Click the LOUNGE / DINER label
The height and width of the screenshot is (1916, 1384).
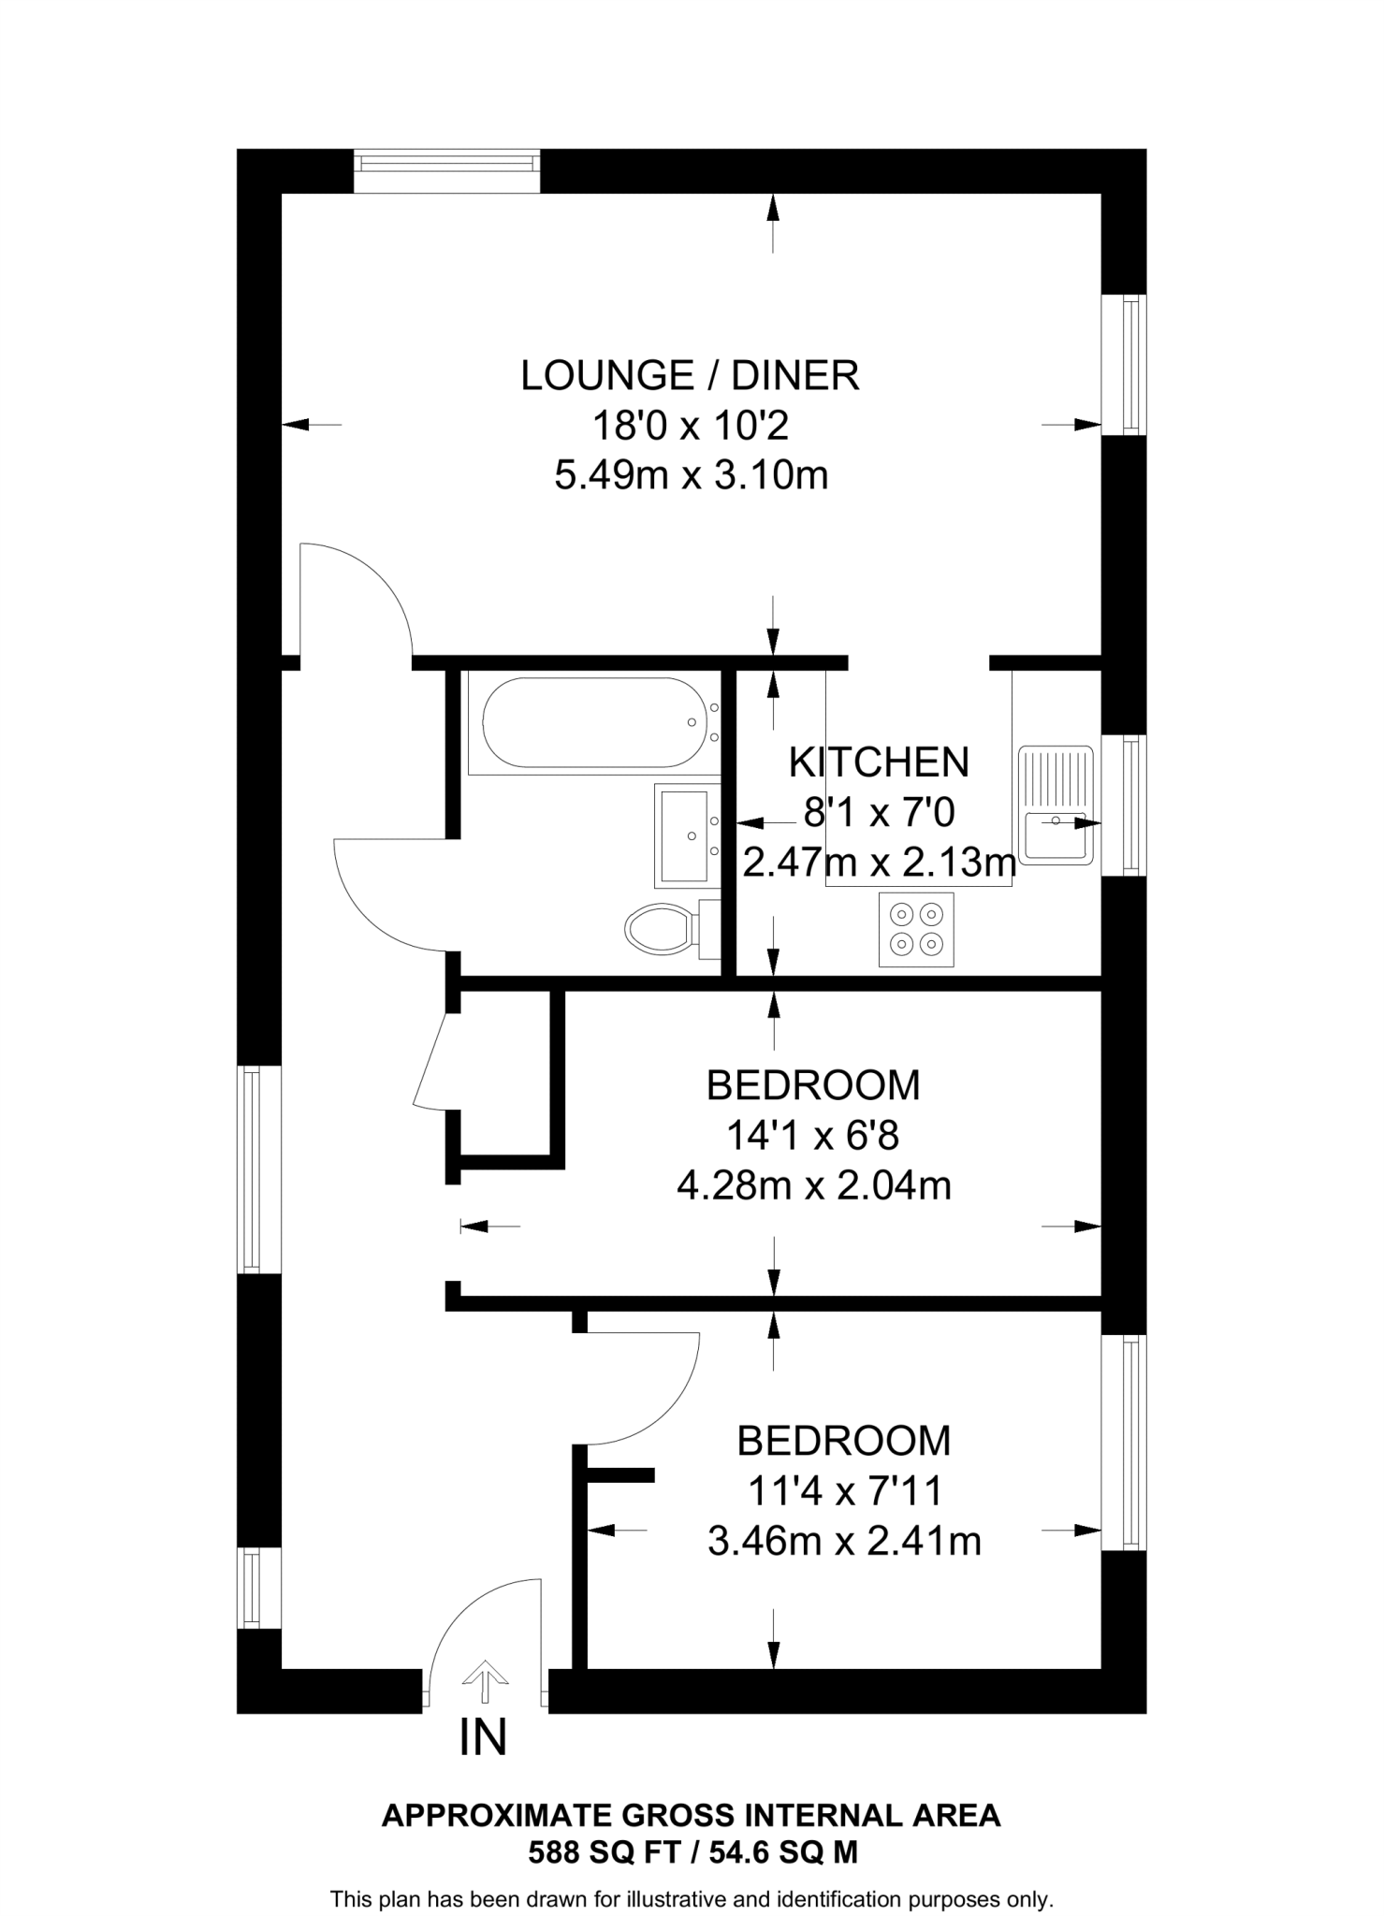click(690, 375)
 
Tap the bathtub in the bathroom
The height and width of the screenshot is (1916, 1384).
click(592, 725)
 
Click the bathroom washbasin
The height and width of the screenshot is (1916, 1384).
click(684, 835)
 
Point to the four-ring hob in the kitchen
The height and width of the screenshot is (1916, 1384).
click(916, 929)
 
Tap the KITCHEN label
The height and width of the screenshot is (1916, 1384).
click(879, 762)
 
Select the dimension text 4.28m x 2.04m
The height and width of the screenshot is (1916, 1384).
click(813, 1186)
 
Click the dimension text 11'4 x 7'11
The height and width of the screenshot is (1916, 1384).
click(844, 1491)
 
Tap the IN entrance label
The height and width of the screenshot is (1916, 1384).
click(483, 1737)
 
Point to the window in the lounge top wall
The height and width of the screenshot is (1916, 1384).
click(447, 171)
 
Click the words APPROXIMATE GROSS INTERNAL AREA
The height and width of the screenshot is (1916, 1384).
click(691, 1815)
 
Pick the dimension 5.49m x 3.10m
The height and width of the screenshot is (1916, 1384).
click(691, 476)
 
